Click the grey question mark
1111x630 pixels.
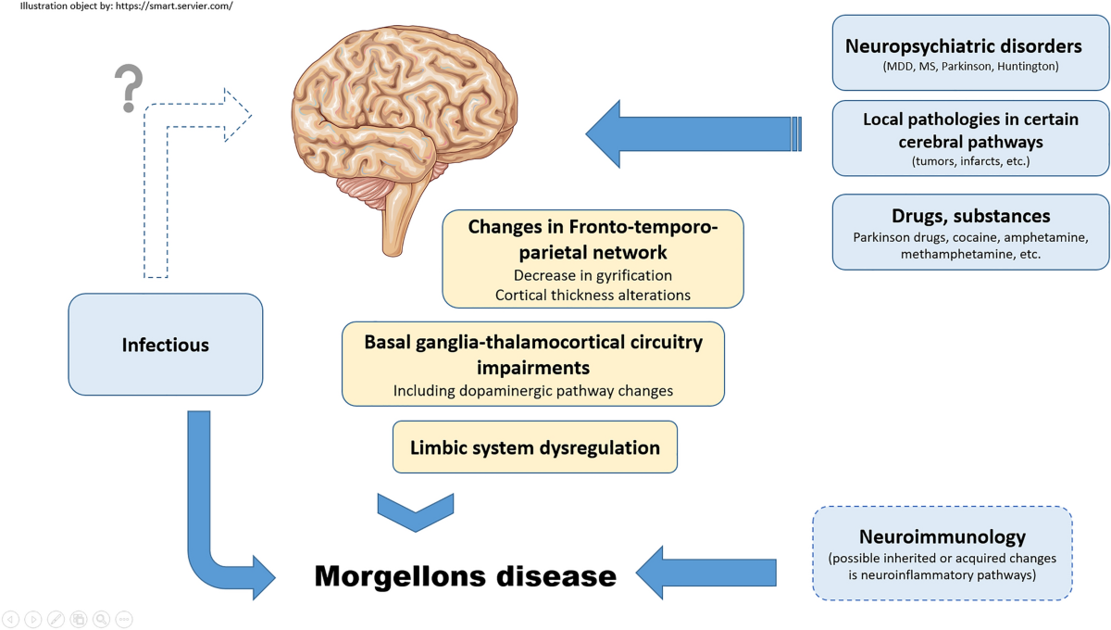[x=129, y=88]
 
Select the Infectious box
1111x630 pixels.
[x=166, y=345]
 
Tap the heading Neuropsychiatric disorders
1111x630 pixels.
[x=963, y=45]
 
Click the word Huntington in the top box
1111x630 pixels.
[x=1028, y=67]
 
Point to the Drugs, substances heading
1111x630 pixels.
[x=970, y=216]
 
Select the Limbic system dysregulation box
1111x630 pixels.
[x=535, y=447]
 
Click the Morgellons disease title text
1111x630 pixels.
[x=465, y=575]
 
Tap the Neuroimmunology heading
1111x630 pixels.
[x=942, y=536]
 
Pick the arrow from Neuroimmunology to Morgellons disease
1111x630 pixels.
[x=705, y=573]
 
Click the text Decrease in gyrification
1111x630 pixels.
[x=593, y=275]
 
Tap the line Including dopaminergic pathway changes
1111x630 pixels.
[x=532, y=391]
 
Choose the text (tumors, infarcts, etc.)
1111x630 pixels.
[x=970, y=161]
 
